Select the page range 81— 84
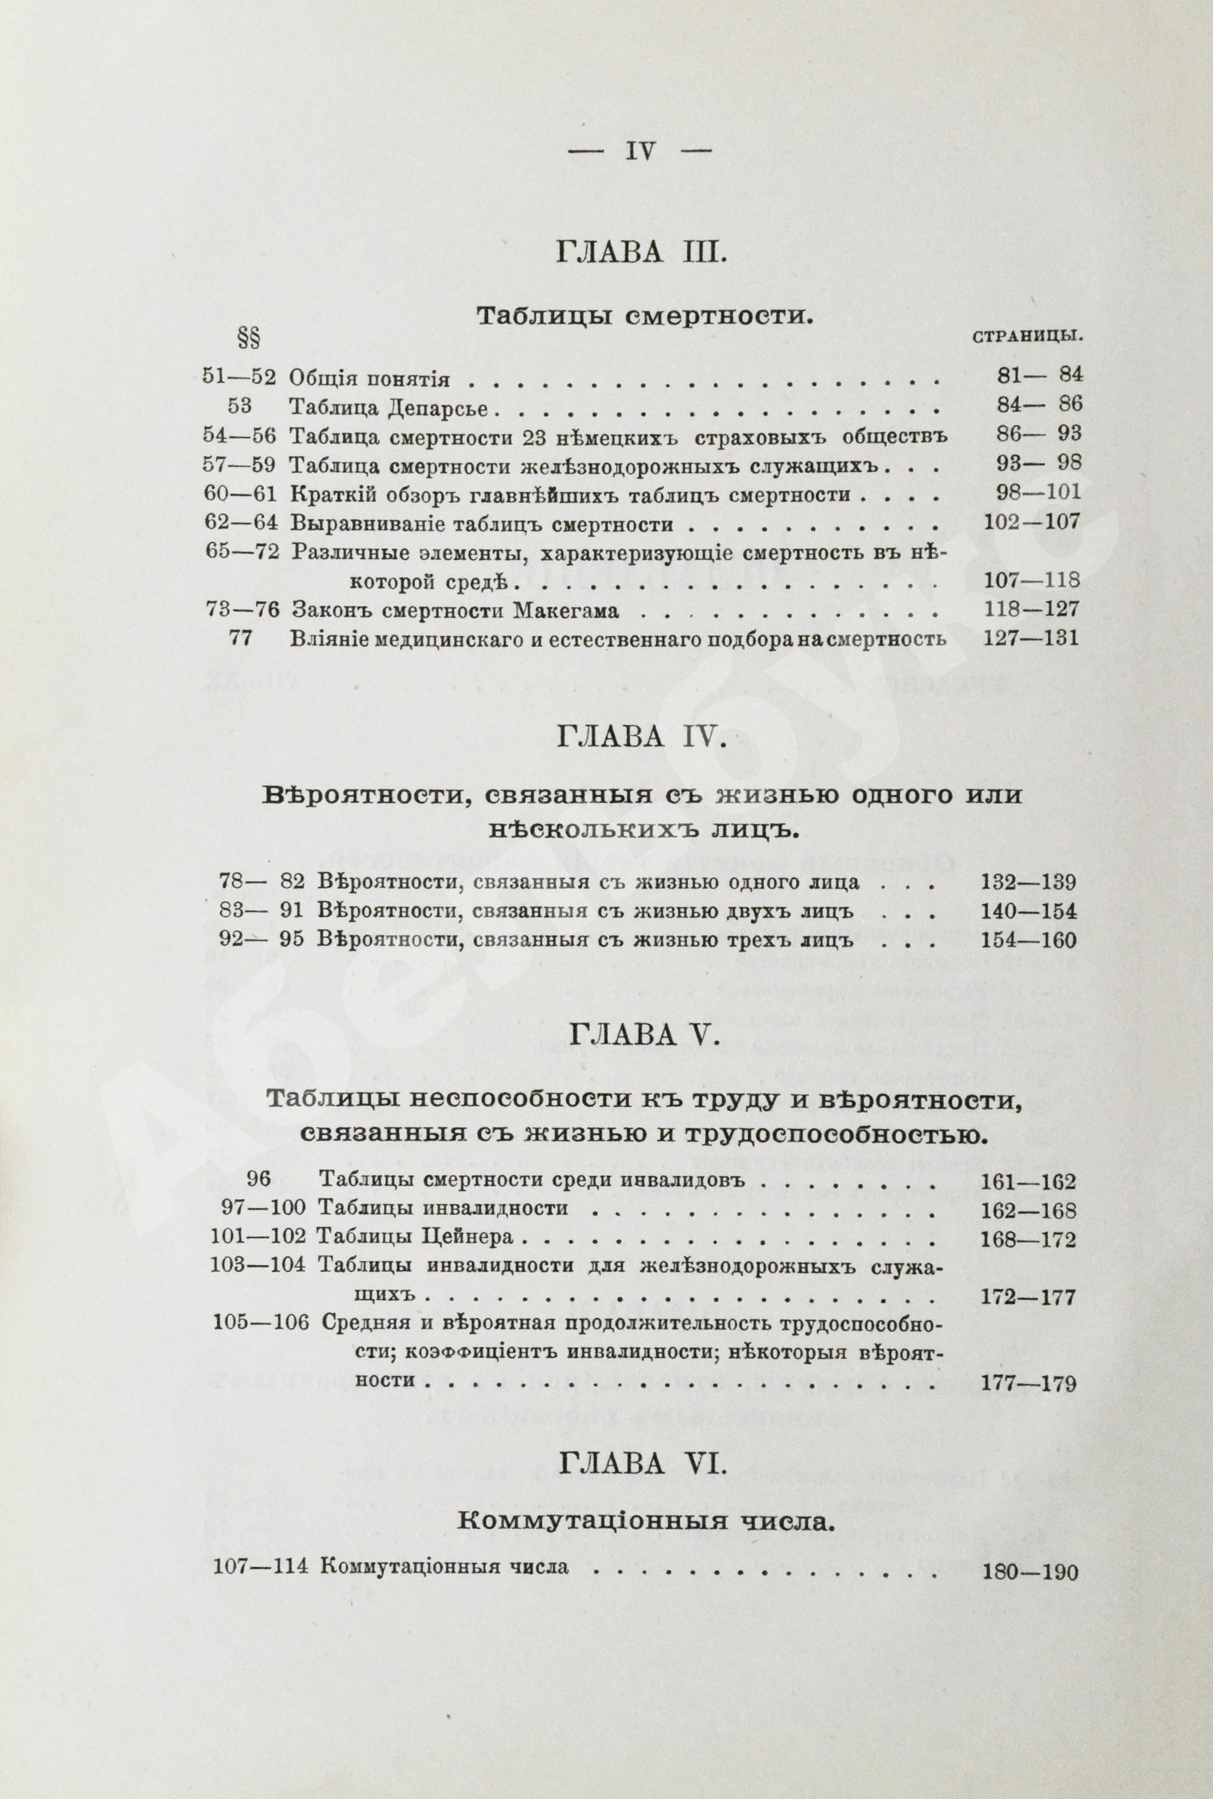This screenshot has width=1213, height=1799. [1040, 375]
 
